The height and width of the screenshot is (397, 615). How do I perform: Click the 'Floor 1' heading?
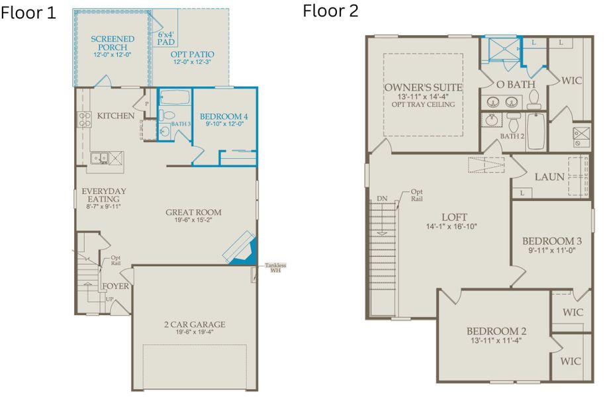pos(28,14)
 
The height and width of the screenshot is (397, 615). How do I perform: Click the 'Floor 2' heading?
pos(331,11)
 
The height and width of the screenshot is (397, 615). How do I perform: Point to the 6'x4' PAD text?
pos(166,38)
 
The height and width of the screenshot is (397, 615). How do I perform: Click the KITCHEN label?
pos(116,116)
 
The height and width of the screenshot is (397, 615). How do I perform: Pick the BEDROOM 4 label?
pos(224,118)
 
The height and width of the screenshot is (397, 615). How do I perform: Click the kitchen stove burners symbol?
pos(85,119)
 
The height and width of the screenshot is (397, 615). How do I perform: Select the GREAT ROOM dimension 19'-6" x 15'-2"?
pos(193,222)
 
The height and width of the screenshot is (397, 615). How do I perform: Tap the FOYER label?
pos(115,286)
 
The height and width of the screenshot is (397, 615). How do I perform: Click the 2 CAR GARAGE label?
pos(195,324)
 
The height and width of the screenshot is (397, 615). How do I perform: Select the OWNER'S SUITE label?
pos(424,87)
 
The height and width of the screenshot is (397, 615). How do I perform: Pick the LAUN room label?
pos(549,177)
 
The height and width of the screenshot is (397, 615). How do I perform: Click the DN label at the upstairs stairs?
pos(382,198)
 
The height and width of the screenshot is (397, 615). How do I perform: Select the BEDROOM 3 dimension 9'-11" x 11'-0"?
pos(551,251)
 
